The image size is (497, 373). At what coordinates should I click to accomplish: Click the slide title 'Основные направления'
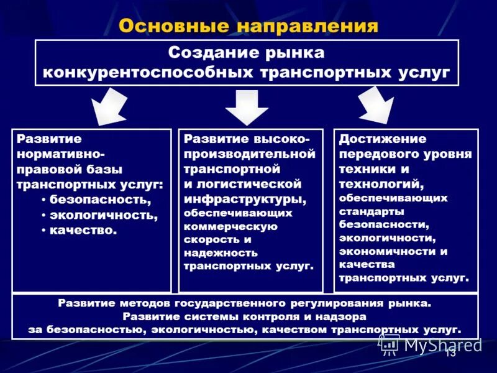(x=248, y=25)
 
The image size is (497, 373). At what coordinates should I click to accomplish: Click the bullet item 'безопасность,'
(x=100, y=200)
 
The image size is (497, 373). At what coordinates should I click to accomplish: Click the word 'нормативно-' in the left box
(x=60, y=154)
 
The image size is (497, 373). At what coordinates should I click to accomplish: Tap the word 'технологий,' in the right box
(x=381, y=184)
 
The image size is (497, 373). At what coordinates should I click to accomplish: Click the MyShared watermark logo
(x=431, y=344)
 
